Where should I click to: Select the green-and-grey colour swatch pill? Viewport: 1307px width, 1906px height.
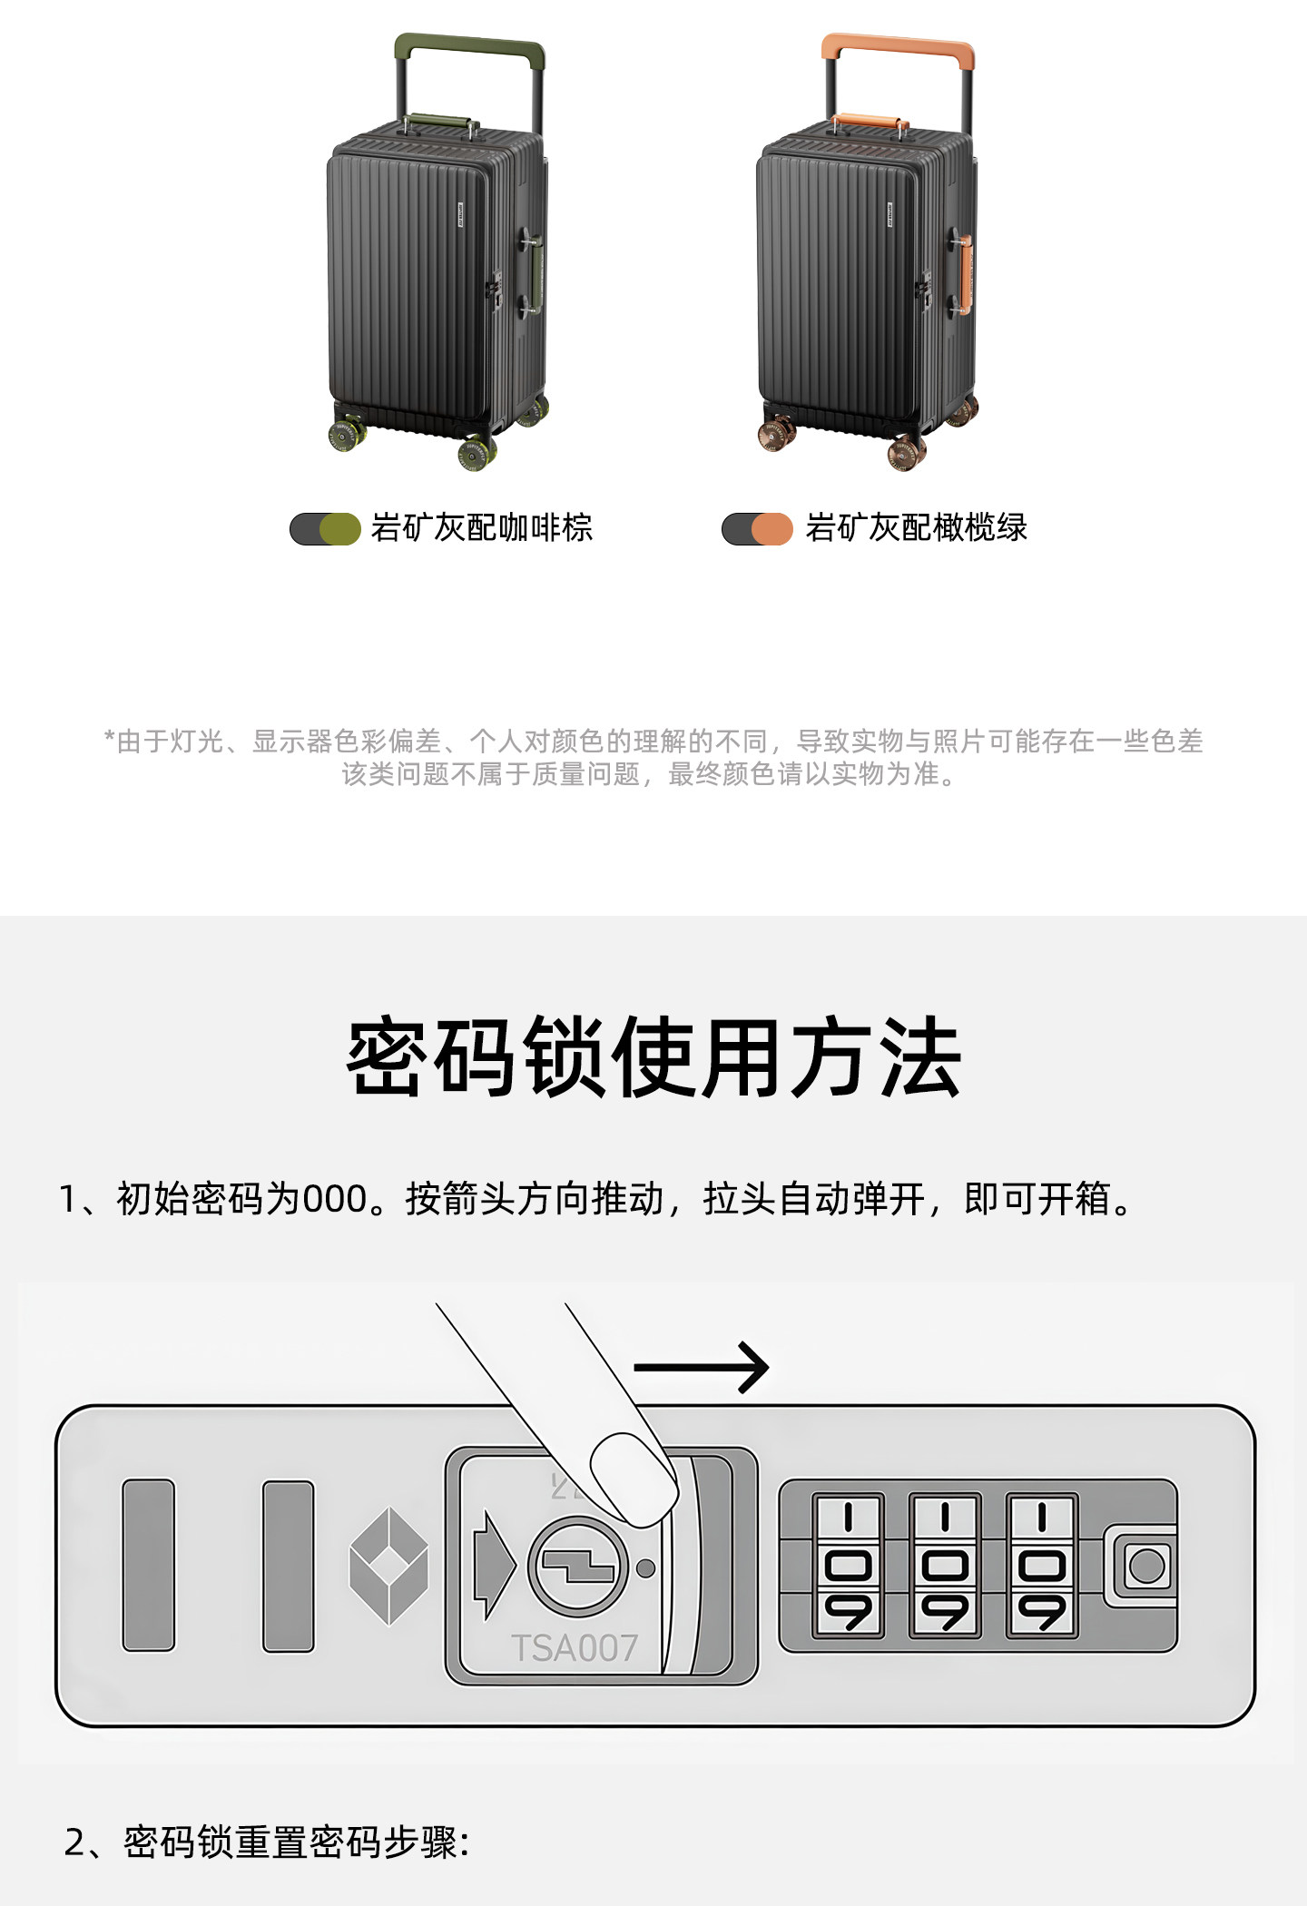325,529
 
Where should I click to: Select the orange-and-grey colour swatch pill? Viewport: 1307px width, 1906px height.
757,529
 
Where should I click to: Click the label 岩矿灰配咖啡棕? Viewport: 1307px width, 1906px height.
482,528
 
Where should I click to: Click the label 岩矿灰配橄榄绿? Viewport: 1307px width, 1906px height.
916,528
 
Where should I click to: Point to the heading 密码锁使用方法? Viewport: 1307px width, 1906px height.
653,1058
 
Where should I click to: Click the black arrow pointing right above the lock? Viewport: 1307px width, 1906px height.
701,1367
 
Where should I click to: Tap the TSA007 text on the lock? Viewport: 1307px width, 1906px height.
575,1648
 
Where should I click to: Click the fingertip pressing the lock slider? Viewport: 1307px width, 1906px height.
634,1478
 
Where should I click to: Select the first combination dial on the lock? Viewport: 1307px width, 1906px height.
848,1566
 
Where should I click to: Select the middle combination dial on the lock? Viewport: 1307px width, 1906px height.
945,1566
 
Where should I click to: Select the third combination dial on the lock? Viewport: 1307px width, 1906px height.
1042,1566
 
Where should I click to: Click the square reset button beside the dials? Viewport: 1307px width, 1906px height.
1146,1566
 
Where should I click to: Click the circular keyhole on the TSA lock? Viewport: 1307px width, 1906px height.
578,1567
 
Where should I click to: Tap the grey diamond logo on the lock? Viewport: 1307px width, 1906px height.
388,1566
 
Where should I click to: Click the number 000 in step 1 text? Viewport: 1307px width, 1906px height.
334,1199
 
